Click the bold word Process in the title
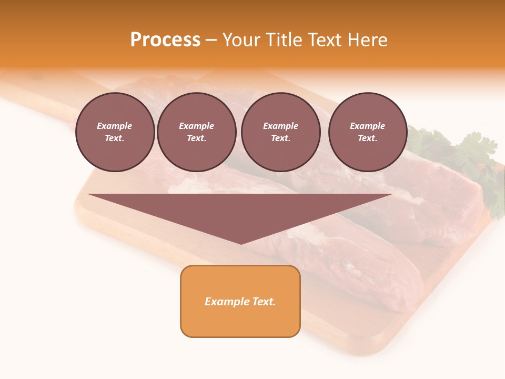point(165,40)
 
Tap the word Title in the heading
point(282,40)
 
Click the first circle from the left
point(115,132)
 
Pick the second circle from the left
point(196,132)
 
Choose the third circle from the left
point(280,132)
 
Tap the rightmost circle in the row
point(367,132)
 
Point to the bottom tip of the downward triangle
point(241,243)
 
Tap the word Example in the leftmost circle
point(115,126)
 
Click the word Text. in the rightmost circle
point(367,138)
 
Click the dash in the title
point(211,41)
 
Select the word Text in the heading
point(324,40)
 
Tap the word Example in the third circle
point(280,126)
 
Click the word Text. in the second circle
point(196,138)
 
